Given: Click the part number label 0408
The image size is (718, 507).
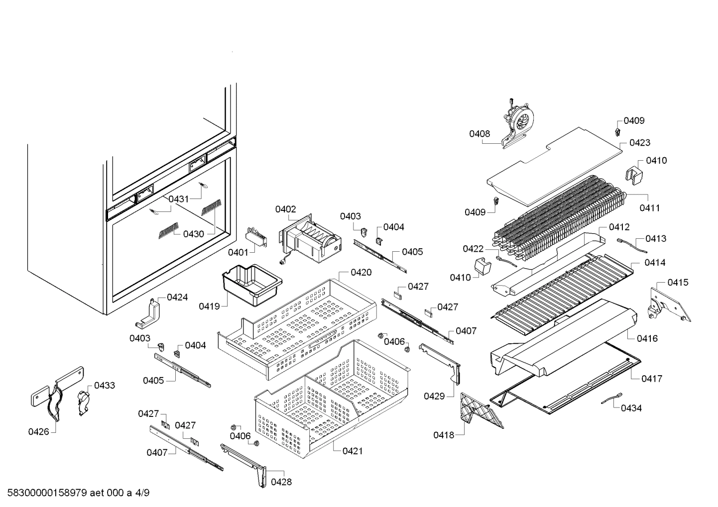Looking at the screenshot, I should tap(479, 133).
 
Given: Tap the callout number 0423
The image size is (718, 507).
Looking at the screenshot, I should tap(639, 143).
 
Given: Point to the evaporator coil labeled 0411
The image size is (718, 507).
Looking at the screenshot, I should tap(558, 219).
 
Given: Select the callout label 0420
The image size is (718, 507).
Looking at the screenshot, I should tap(361, 272).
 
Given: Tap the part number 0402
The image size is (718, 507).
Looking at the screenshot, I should tap(285, 209).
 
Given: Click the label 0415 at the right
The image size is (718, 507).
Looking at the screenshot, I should tap(678, 283).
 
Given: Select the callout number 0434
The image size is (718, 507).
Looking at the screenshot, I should tap(631, 408).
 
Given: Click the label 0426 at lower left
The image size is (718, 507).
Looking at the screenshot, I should tap(39, 431).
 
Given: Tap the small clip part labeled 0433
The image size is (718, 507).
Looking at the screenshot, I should tap(83, 401).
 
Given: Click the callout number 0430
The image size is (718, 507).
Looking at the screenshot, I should tap(193, 234).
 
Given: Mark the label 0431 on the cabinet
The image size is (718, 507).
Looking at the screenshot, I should tap(178, 199).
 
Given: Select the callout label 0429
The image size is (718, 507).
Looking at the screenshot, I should tap(434, 396).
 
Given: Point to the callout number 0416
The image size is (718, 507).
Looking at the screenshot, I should tap(647, 338).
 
